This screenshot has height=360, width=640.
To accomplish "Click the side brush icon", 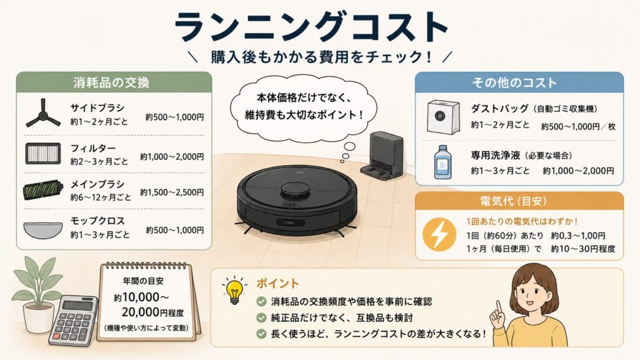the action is point(42,114).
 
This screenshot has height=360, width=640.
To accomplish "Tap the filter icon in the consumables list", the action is point(43,154).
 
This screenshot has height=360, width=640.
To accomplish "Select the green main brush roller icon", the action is point(43,190).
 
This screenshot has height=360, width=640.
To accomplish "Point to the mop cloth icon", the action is point(43,230).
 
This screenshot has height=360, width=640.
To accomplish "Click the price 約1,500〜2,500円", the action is point(172,192).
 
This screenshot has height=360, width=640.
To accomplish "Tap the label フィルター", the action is point(93,148).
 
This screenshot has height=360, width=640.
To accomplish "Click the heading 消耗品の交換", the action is point(111,82).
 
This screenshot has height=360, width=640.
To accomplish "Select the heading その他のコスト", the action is point(514,82).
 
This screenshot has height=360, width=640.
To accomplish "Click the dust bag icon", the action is point(443,117).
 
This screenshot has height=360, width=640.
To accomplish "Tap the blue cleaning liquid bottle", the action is point(442,162).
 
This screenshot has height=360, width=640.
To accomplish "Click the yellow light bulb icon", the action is point(234,290).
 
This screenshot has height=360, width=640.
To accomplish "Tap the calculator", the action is point(74,321).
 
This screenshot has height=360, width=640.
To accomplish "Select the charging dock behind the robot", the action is point(382,156).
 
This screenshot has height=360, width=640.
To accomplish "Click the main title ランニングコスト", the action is point(312,27).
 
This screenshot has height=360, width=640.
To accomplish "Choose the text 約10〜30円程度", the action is point(583,249).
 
